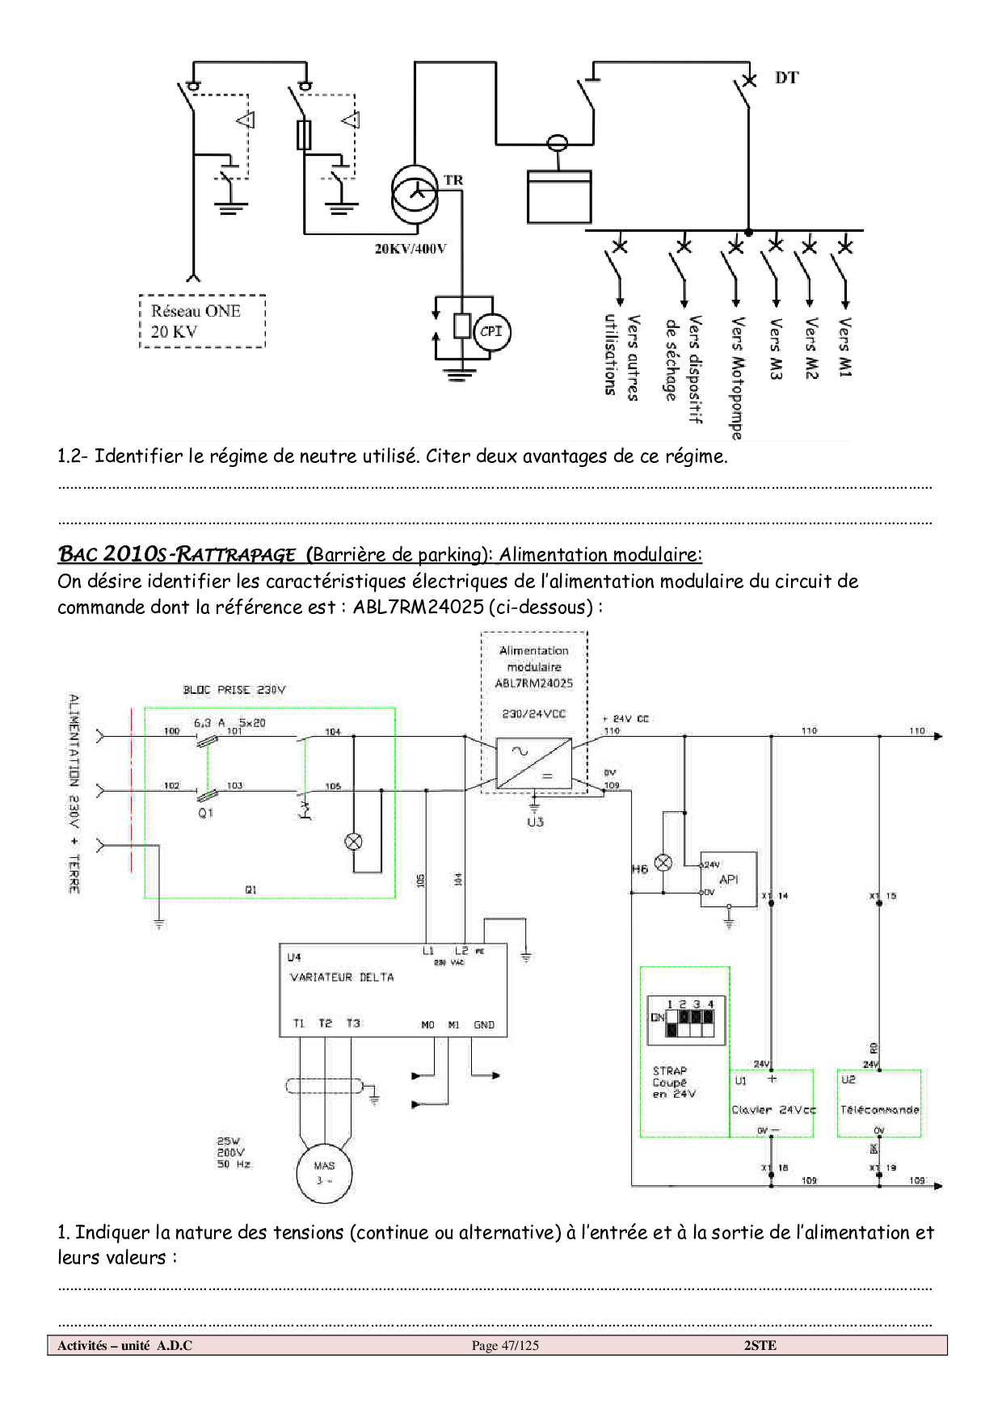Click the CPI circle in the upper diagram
[x=491, y=331]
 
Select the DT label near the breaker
[x=786, y=78]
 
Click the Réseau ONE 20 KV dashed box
[x=202, y=322]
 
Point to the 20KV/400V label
[x=410, y=249]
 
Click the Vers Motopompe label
[x=737, y=377]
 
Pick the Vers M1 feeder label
[x=844, y=347]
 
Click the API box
[x=728, y=879]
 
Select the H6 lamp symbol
[x=663, y=863]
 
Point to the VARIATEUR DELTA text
[x=342, y=978]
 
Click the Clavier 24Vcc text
[x=773, y=1110]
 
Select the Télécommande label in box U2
[x=879, y=1110]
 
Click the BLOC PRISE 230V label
[x=234, y=690]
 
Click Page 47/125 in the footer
[x=505, y=1345]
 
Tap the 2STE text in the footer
[x=760, y=1345]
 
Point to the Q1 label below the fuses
[x=206, y=813]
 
